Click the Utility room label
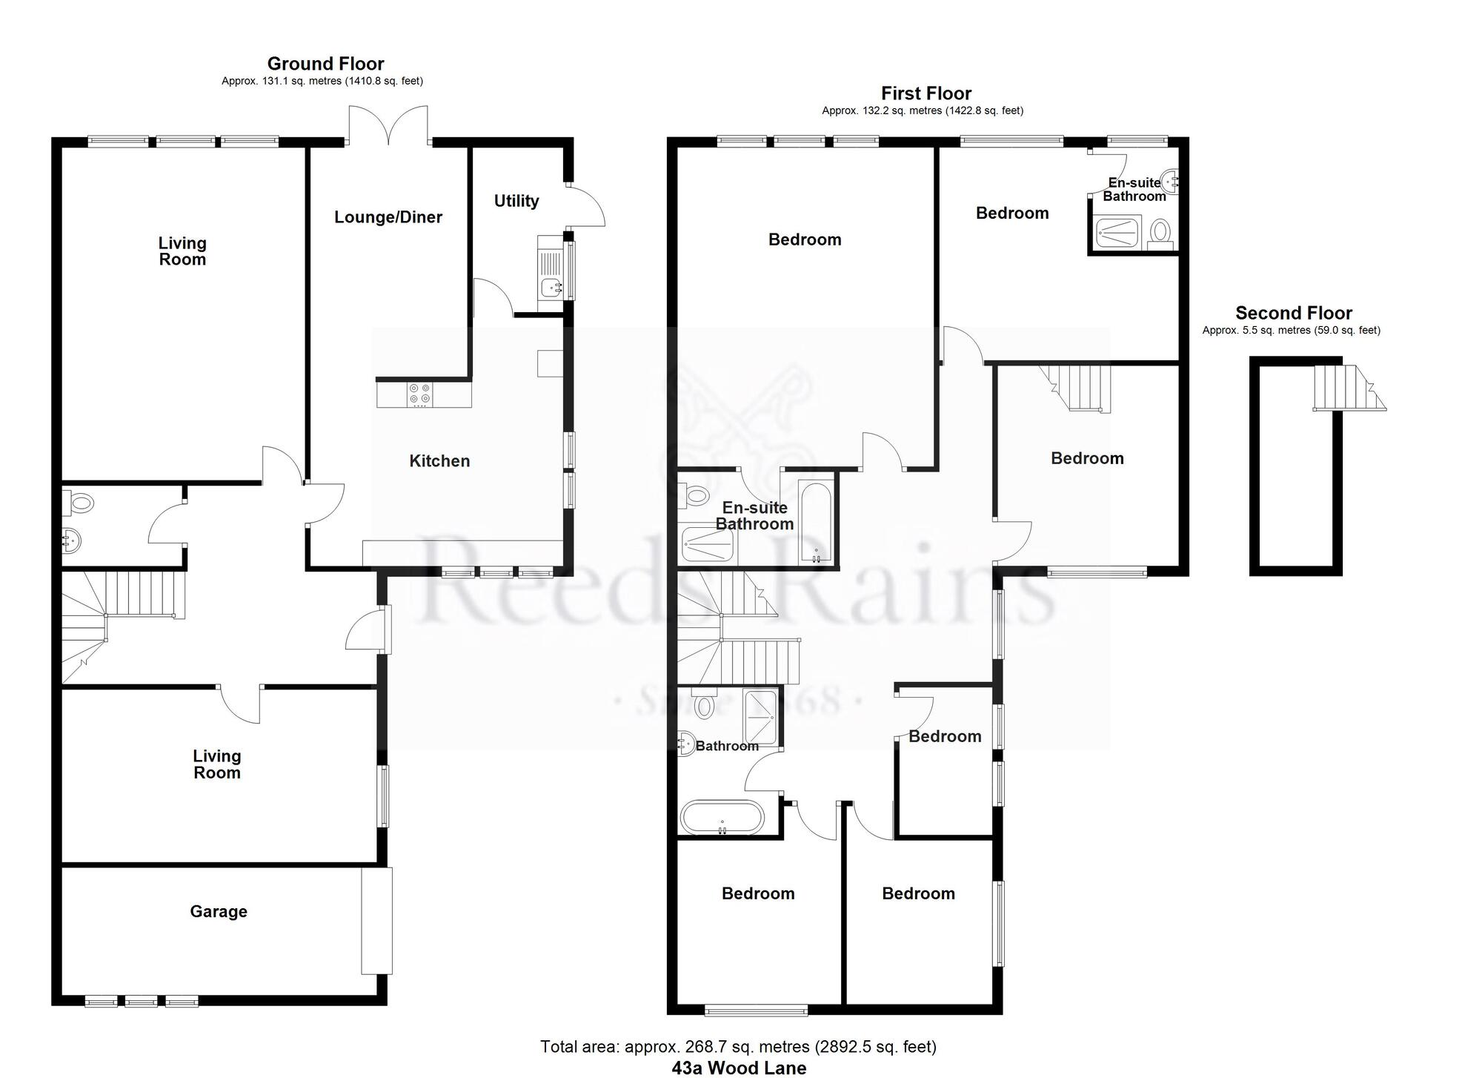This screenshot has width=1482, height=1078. pos(516,201)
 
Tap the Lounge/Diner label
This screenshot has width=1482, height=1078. pos(388,217)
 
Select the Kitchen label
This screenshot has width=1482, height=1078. pos(439,461)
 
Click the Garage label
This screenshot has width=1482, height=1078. pos(219,912)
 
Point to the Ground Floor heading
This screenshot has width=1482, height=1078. pos(326,64)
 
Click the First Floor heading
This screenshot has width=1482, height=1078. pos(926,93)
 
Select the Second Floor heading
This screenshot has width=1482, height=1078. pos(1294,313)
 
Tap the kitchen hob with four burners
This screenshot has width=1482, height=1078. pos(419,394)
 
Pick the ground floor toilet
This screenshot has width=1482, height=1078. pos(78,503)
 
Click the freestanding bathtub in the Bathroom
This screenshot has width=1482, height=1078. pos(722,817)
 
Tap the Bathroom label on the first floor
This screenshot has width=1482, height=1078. pos(727,746)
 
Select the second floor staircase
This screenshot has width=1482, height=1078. pos(1349,388)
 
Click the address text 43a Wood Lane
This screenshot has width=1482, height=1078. pos(740,1068)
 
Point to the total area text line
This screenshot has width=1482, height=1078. pos(738,1047)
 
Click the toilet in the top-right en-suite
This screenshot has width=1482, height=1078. pos(1159,233)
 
